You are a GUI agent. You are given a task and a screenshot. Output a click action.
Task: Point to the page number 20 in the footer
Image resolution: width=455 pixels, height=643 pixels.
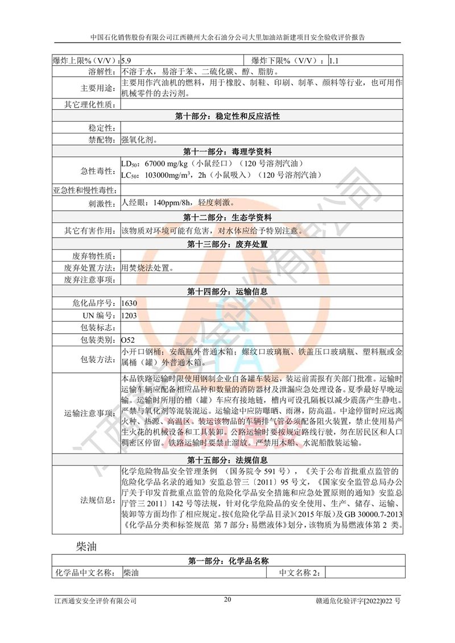[x=227, y=599]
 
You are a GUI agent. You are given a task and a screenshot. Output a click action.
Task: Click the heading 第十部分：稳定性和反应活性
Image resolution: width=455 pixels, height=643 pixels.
[x=227, y=116]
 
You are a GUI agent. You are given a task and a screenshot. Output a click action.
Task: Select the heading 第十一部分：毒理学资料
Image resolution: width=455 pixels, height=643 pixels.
[x=227, y=152]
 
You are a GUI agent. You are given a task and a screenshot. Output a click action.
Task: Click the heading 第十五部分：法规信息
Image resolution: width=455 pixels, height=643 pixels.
[x=227, y=459]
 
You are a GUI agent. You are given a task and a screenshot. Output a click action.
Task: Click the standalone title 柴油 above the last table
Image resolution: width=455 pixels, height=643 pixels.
[x=89, y=547]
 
